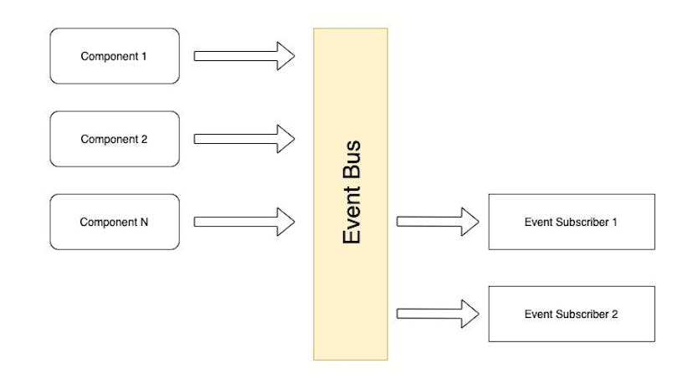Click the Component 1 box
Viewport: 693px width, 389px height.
tap(115, 56)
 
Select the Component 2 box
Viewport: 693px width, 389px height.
tap(115, 139)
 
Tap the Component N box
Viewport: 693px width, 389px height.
tap(115, 222)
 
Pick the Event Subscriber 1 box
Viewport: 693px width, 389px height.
tap(570, 222)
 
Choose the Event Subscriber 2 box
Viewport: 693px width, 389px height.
tap(570, 314)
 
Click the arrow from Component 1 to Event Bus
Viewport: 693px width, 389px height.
tap(243, 56)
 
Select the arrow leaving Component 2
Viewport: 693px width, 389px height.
tap(243, 139)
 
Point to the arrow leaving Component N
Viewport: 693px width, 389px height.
tap(243, 222)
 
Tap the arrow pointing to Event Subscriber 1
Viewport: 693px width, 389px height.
tap(435, 222)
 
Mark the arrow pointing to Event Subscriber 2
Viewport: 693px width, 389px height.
tap(435, 314)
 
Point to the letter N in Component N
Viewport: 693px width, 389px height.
tap(145, 223)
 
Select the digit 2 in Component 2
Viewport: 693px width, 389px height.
tap(144, 140)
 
